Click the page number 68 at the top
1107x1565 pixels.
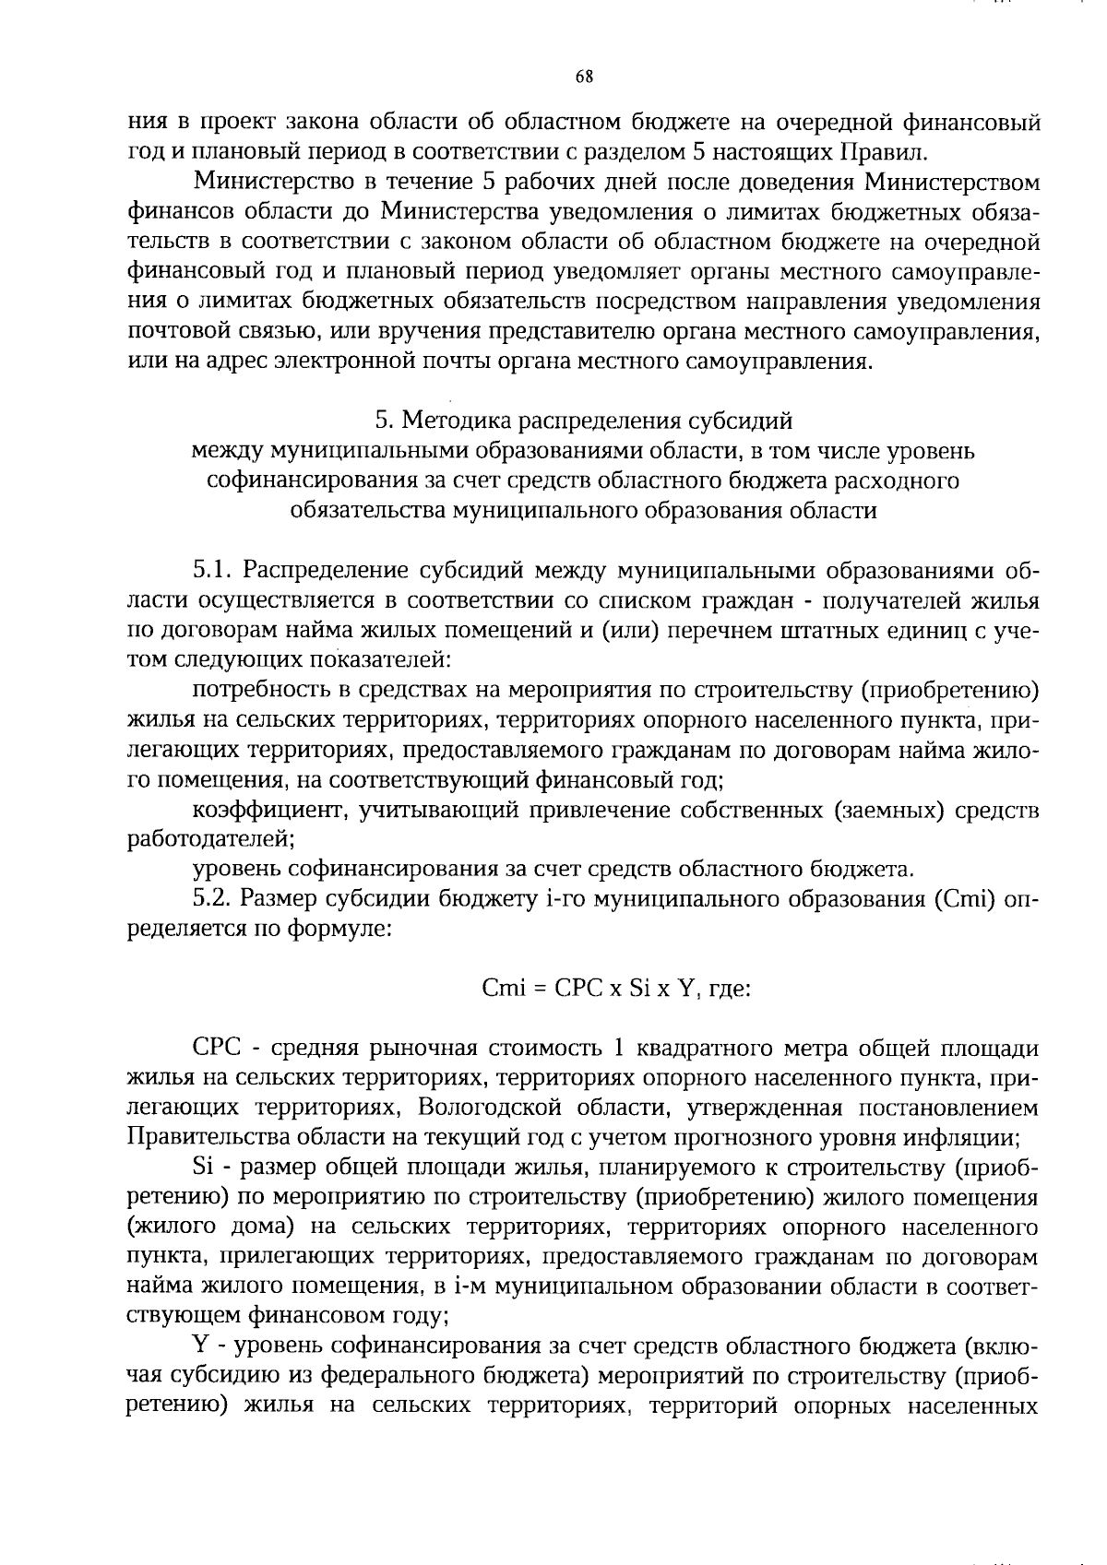point(583,77)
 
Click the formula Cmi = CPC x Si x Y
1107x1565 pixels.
point(589,989)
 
